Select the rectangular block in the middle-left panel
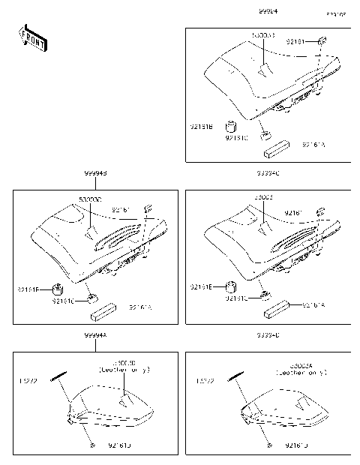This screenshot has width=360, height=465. click(102, 308)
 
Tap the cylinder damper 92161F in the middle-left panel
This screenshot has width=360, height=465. click(57, 288)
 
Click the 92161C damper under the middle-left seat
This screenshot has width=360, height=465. click(92, 298)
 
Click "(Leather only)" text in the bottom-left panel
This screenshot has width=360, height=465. click(124, 370)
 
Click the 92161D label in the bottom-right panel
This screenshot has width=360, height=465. click(297, 445)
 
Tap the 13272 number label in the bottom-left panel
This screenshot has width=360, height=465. click(28, 381)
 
